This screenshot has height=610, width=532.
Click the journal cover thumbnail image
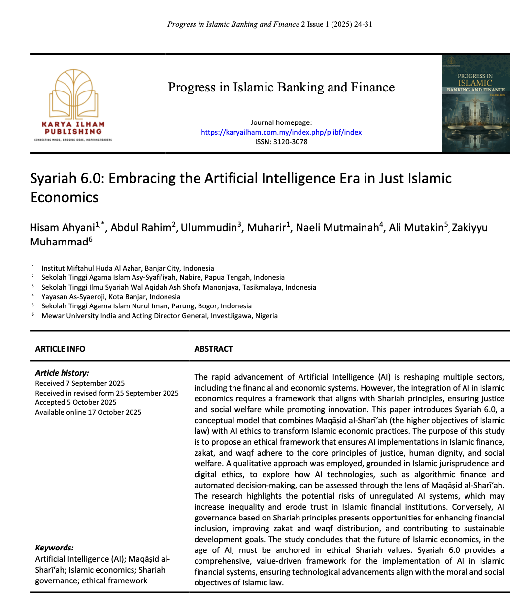[475, 104]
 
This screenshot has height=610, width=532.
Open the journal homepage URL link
[281, 132]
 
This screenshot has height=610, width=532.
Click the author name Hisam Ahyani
[62, 227]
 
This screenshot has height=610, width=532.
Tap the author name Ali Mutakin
[416, 227]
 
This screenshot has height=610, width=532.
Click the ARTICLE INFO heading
[60, 349]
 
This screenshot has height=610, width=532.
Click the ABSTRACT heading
[213, 349]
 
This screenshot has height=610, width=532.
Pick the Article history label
[62, 373]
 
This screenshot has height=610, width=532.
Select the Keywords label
[54, 548]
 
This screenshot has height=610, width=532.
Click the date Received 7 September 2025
[80, 383]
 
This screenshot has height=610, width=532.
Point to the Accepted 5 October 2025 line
[76, 402]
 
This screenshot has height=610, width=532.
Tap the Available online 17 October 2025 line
[88, 412]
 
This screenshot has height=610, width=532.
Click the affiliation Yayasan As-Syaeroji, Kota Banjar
[111, 297]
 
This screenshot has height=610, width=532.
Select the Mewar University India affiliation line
[160, 316]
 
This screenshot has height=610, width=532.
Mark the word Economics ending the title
[65, 197]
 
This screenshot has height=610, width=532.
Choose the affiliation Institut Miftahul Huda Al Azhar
[128, 268]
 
